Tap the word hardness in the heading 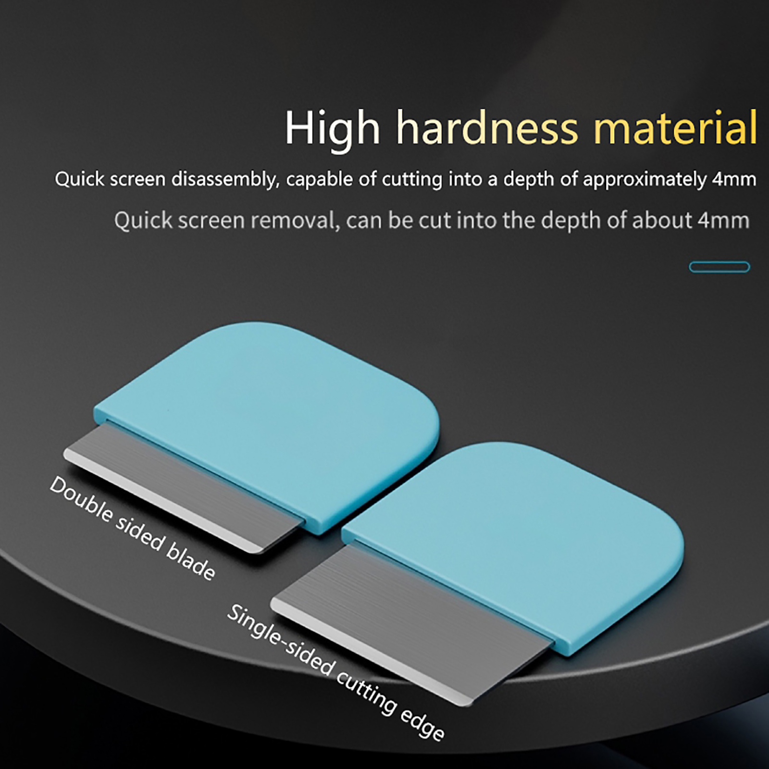tap(487, 127)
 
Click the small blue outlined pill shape tap(719, 267)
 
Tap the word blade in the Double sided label tap(190, 562)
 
